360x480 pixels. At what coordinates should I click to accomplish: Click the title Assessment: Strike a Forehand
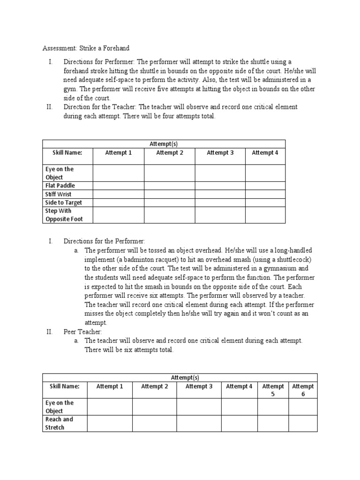click(86, 48)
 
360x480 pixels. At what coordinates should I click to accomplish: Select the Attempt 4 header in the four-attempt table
click(265, 153)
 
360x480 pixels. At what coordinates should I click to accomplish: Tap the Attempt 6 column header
click(303, 390)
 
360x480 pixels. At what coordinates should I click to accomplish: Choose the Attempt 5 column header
click(273, 390)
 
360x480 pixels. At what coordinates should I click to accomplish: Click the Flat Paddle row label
click(60, 186)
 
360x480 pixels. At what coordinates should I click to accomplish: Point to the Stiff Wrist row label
click(59, 194)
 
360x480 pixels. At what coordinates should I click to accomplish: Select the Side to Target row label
click(63, 202)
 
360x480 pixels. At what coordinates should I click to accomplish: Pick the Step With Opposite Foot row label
click(63, 215)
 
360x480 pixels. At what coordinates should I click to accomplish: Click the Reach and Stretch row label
click(59, 423)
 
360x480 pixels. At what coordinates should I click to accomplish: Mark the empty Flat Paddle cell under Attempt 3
click(220, 186)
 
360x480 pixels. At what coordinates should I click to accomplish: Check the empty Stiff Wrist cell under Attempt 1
click(118, 194)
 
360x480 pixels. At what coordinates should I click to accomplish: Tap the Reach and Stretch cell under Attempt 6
click(303, 423)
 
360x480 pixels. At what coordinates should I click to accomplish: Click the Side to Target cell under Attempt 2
click(169, 202)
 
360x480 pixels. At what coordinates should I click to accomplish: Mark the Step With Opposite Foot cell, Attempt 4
click(265, 215)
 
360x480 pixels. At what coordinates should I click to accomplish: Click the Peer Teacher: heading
click(82, 332)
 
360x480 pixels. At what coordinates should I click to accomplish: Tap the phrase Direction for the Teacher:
click(100, 107)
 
